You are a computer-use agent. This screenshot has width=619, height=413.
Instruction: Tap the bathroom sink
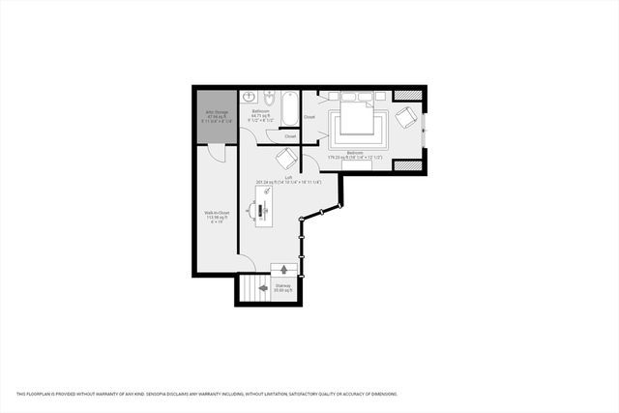tap(248, 98)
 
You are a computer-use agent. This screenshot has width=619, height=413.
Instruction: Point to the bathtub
tap(288, 109)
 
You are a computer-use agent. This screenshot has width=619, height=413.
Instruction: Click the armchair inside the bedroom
tap(407, 118)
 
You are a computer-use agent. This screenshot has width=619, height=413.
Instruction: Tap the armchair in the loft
tap(287, 159)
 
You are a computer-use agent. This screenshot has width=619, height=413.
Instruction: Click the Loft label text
tap(288, 178)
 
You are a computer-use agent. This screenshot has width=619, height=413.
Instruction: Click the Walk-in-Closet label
tap(217, 215)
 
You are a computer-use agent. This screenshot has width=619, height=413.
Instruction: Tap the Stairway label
tap(283, 286)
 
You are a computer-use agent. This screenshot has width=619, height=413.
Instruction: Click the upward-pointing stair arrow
tap(283, 270)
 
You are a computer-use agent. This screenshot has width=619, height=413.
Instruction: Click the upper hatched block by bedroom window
tap(408, 94)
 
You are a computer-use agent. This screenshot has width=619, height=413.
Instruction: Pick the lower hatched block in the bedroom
tap(408, 165)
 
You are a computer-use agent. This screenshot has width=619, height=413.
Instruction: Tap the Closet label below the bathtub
tap(290, 136)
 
